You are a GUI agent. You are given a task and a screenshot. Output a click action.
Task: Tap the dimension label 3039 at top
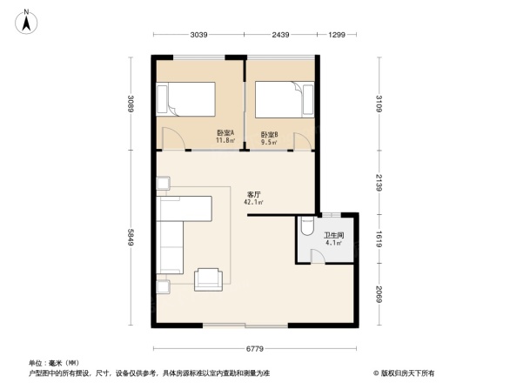(x=199, y=35)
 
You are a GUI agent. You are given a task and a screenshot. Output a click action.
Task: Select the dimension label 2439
(x=279, y=35)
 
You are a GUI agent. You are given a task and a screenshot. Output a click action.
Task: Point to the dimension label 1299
(x=338, y=35)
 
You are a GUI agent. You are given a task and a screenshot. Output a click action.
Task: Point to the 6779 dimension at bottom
(x=254, y=348)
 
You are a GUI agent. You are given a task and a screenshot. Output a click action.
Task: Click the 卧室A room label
(x=225, y=132)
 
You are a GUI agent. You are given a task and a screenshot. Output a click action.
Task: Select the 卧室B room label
(x=269, y=134)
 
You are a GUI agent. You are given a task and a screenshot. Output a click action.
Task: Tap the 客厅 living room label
(x=253, y=195)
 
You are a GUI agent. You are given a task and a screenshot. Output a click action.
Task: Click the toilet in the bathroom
(x=305, y=228)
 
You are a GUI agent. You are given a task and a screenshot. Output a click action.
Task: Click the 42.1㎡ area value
(x=253, y=203)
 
